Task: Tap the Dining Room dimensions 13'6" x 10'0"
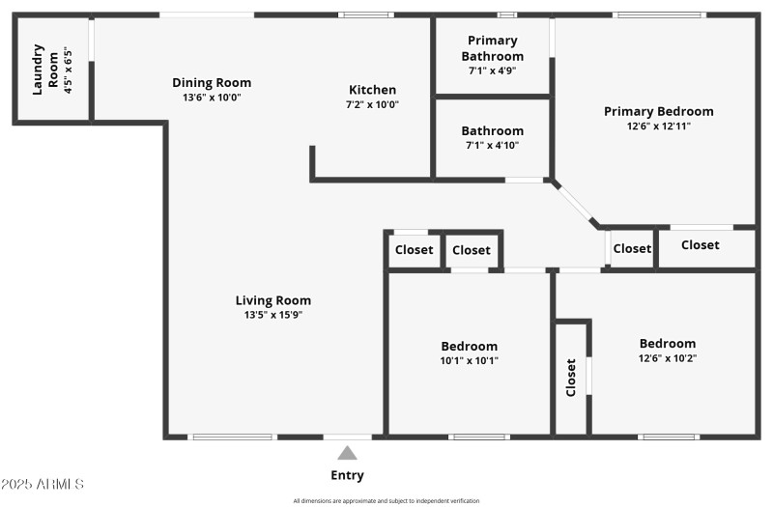click(x=212, y=98)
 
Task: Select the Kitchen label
click(x=372, y=90)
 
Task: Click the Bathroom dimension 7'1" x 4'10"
click(x=493, y=146)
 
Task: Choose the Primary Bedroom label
click(x=658, y=111)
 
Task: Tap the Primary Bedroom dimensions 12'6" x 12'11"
click(x=658, y=126)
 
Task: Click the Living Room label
click(x=273, y=300)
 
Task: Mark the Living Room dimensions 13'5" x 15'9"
click(x=273, y=315)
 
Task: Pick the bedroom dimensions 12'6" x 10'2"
click(x=667, y=358)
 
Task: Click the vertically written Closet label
click(x=571, y=378)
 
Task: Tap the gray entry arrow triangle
click(x=348, y=453)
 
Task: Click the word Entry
click(x=348, y=475)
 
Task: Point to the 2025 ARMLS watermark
click(x=43, y=483)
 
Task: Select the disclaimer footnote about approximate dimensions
click(x=386, y=500)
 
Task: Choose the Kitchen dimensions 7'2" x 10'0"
click(x=372, y=104)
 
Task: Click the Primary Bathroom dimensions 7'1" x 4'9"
click(x=493, y=70)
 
